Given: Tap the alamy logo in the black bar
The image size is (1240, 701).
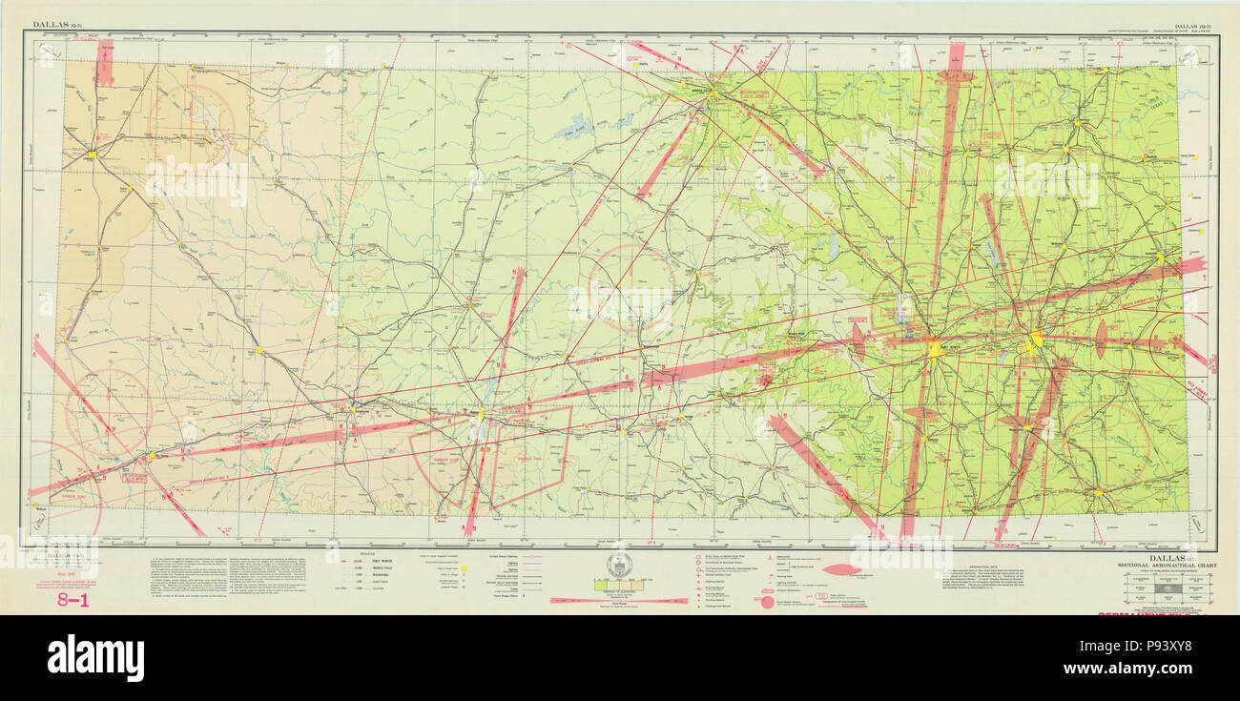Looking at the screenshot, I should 95,657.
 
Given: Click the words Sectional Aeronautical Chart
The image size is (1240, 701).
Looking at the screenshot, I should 1165,565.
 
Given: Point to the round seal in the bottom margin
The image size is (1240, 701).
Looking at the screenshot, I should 619,566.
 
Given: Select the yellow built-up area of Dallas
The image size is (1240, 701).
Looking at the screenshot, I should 1037,340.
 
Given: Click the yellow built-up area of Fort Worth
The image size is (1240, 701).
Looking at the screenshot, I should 935,350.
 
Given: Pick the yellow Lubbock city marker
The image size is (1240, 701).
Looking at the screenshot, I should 93,153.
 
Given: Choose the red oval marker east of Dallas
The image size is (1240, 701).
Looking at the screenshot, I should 1101,339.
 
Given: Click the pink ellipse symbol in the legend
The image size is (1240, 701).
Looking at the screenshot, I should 842,569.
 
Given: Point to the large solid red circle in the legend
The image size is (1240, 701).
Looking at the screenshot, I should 767,602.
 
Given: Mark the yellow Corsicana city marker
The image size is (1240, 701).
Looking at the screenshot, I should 1098,492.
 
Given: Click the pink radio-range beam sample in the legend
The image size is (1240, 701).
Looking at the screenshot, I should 619,601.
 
